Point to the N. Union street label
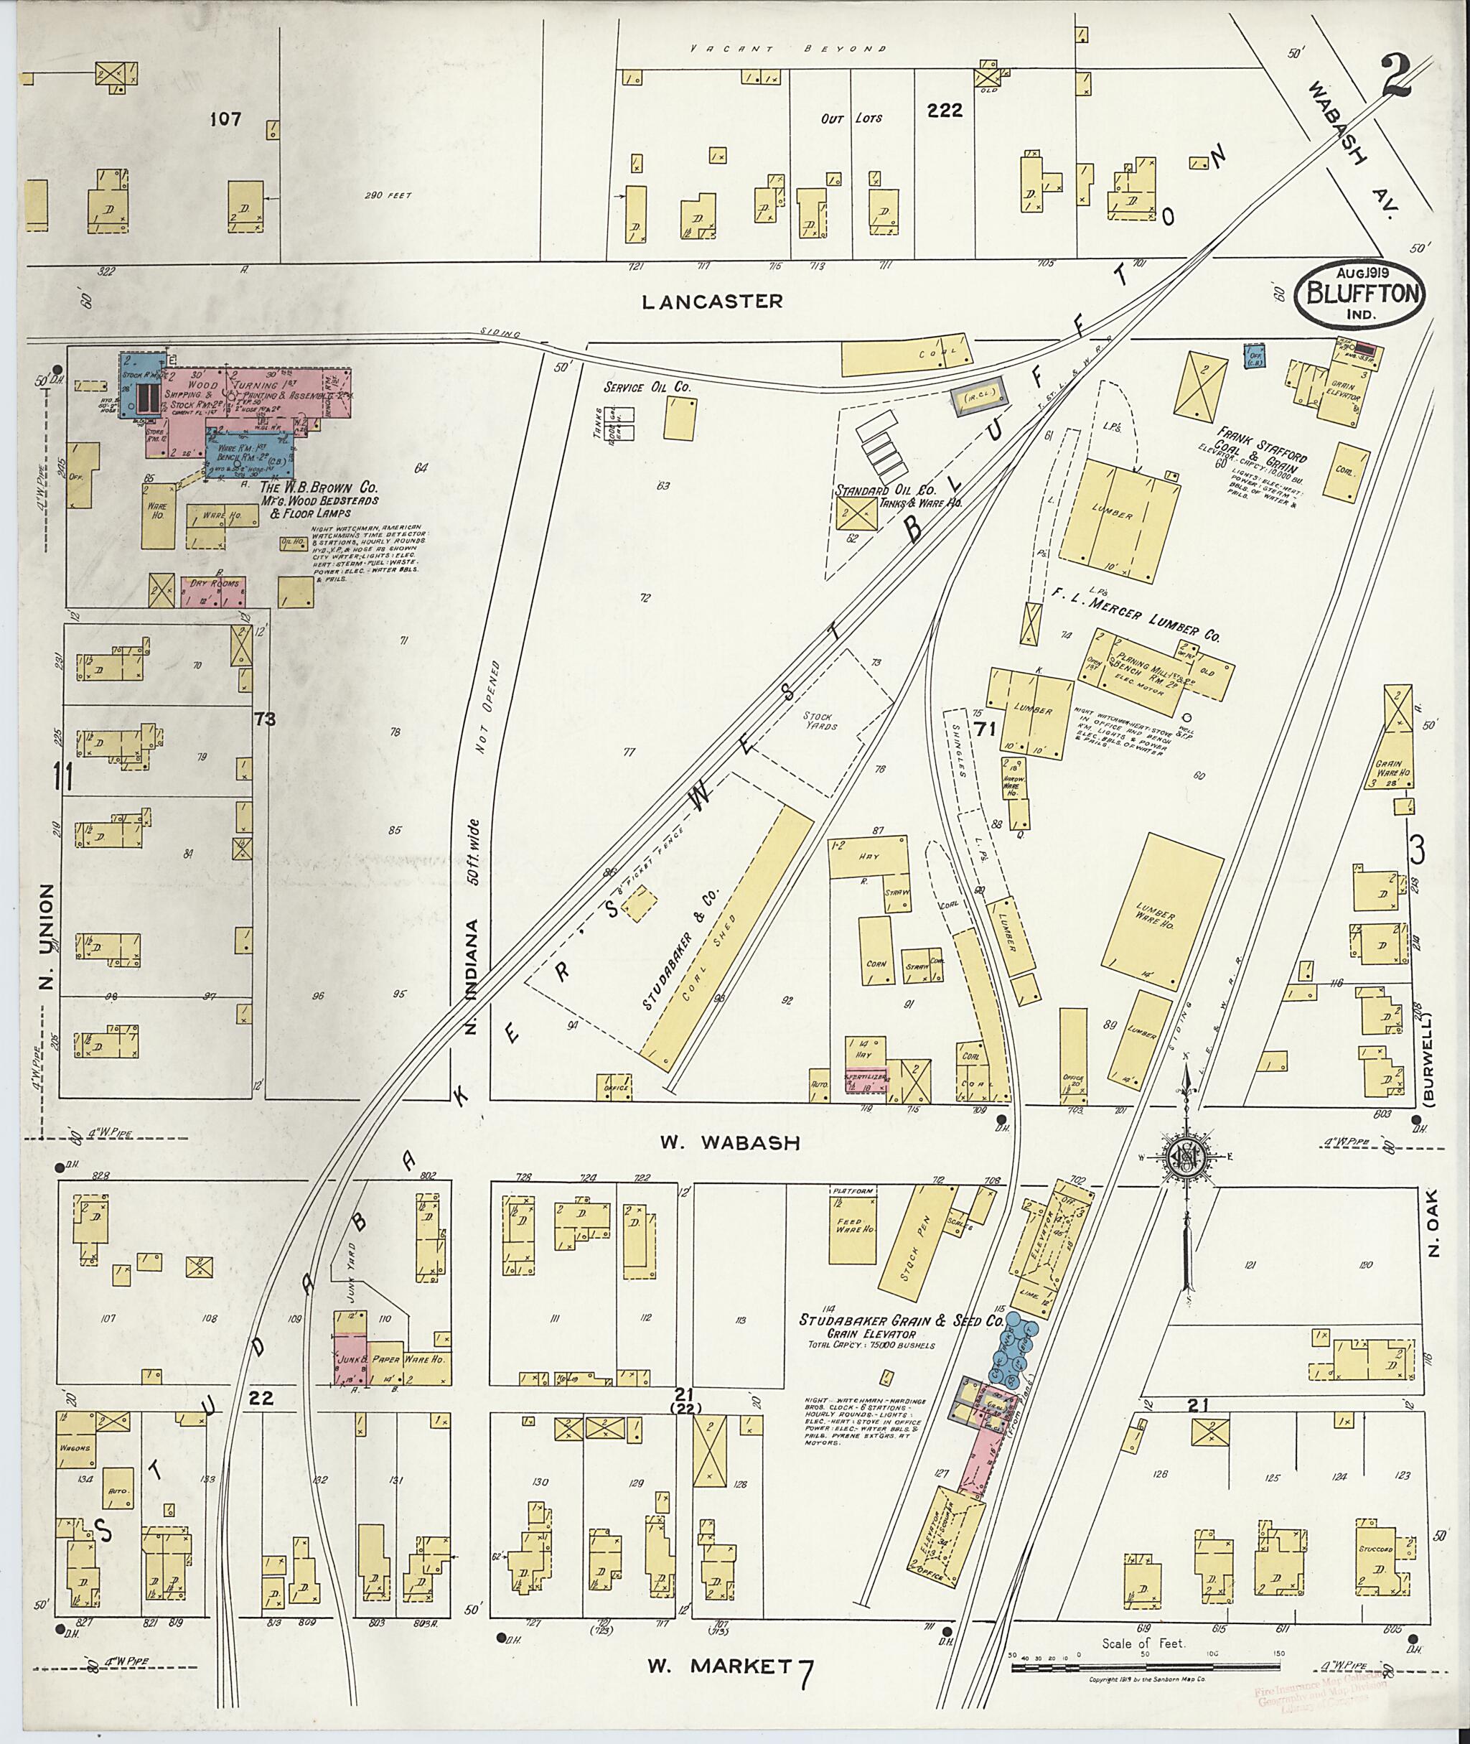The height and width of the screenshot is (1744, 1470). pos(46,938)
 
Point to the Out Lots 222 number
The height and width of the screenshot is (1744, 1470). pos(946,110)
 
